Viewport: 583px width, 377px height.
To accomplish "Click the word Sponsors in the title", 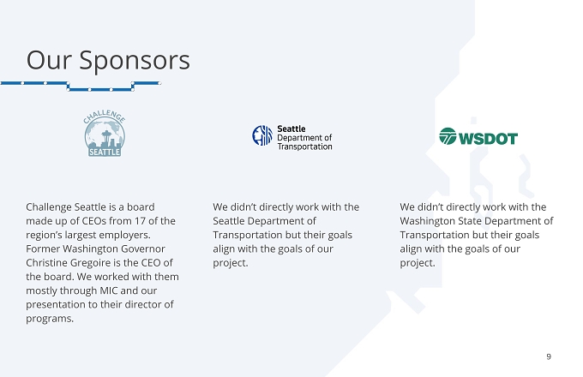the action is point(135,60).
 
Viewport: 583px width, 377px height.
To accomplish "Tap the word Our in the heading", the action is point(49,60).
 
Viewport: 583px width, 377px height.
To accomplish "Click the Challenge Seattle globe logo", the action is point(105,133).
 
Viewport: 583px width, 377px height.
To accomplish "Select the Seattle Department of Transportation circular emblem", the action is point(262,135).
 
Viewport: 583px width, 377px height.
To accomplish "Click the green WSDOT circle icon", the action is point(448,136).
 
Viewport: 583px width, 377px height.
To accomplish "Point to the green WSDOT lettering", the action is point(488,139).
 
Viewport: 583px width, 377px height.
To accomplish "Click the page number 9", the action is point(549,356).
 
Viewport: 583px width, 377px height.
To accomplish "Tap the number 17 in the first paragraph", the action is point(140,221).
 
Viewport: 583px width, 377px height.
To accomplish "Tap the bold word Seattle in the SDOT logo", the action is point(291,129).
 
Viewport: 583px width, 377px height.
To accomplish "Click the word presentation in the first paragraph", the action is point(62,305).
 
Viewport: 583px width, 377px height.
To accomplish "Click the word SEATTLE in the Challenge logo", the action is point(105,152).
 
